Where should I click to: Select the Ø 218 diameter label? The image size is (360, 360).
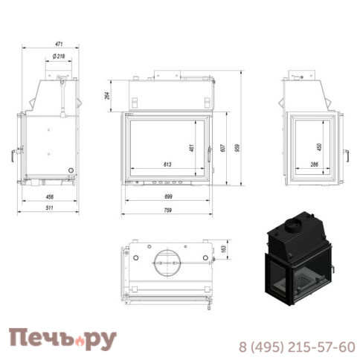click(x=59, y=57)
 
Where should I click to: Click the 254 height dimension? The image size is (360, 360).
click(x=106, y=94)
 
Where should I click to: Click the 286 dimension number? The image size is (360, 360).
click(x=314, y=164)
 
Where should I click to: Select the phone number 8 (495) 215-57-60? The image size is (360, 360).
click(x=296, y=347)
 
